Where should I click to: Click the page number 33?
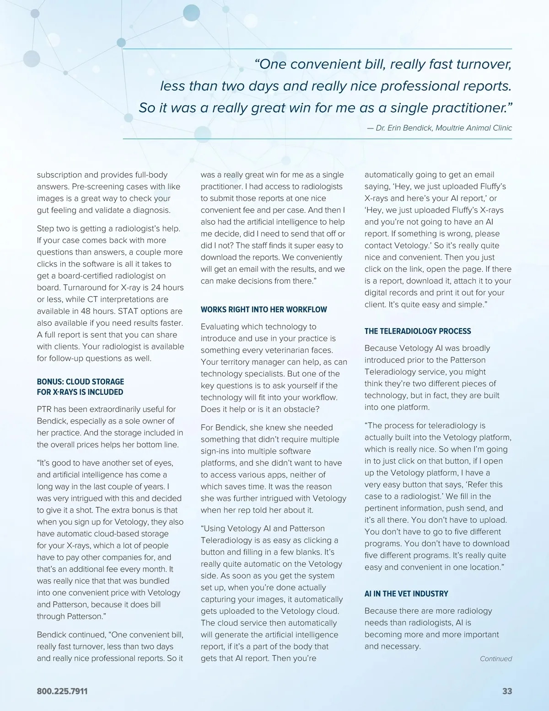(507, 691)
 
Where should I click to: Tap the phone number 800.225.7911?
(62, 691)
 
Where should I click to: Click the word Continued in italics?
(495, 658)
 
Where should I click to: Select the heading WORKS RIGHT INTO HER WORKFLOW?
(264, 309)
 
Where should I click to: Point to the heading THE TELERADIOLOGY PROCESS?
(417, 331)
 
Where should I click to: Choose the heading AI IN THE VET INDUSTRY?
(406, 594)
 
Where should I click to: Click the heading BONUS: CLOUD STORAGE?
(80, 382)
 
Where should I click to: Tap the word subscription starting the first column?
(59, 175)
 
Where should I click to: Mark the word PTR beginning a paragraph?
(45, 409)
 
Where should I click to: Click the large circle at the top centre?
(191, 13)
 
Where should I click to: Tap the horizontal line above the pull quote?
(318, 49)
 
